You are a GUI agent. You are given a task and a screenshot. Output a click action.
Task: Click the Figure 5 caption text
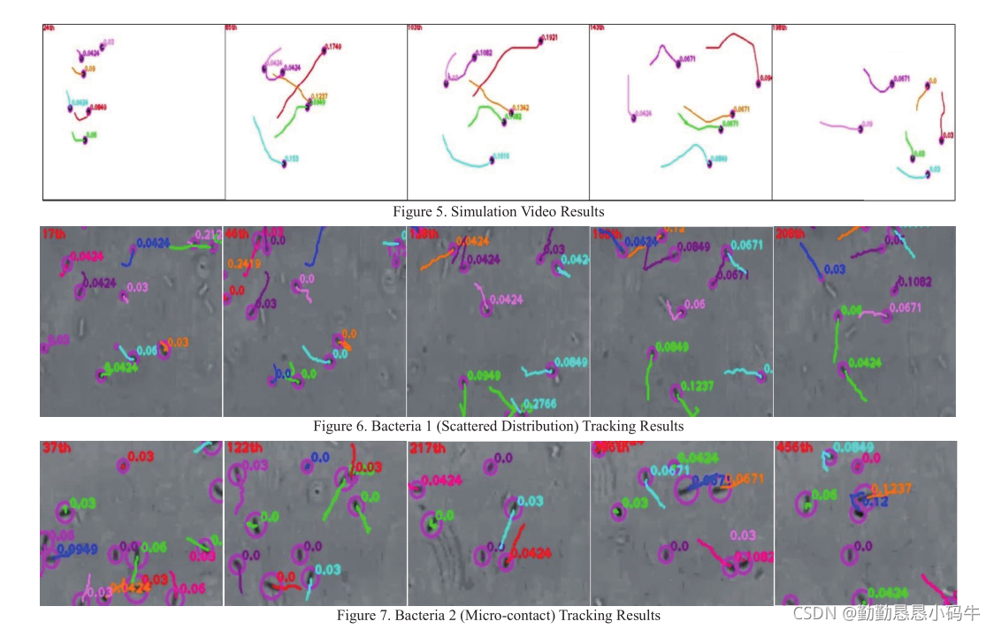point(499,212)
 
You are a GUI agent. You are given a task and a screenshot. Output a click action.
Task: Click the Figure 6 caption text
point(498,426)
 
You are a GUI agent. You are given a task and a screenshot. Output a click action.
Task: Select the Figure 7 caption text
point(498,615)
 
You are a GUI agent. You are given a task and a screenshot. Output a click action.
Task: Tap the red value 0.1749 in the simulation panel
point(335,45)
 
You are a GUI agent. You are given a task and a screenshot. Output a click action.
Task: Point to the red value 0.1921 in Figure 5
point(551,39)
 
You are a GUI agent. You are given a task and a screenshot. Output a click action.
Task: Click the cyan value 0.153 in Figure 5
point(292,159)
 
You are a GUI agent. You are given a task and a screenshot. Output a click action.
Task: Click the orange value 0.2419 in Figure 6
point(243,263)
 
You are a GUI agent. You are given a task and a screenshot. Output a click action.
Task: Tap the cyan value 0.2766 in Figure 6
point(539,404)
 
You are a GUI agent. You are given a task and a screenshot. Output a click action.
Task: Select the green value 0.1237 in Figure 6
point(698,386)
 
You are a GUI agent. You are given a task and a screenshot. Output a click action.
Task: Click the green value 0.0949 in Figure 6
point(483,375)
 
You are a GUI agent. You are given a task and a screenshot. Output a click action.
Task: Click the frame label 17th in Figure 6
point(53,234)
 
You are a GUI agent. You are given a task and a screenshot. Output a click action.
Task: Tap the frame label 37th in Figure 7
point(56,448)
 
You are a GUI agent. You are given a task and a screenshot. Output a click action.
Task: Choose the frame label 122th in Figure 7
point(243,448)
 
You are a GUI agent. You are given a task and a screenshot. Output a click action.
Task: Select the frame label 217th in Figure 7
point(427,448)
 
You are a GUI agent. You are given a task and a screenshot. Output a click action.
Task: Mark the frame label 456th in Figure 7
point(793,448)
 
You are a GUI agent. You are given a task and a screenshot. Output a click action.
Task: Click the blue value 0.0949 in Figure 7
point(76,549)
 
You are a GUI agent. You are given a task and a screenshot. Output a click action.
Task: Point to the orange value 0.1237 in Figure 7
point(891,489)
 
